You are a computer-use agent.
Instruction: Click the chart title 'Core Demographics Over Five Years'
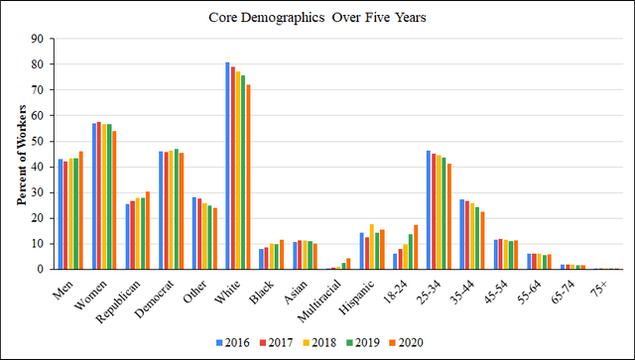pos(318,18)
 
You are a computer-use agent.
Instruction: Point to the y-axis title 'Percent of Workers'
pos(21,154)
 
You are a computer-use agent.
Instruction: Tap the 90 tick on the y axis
pos(37,39)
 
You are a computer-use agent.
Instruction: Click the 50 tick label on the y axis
pos(37,141)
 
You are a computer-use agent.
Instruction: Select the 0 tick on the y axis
pos(40,269)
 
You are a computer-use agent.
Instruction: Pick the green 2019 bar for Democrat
pos(177,209)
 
